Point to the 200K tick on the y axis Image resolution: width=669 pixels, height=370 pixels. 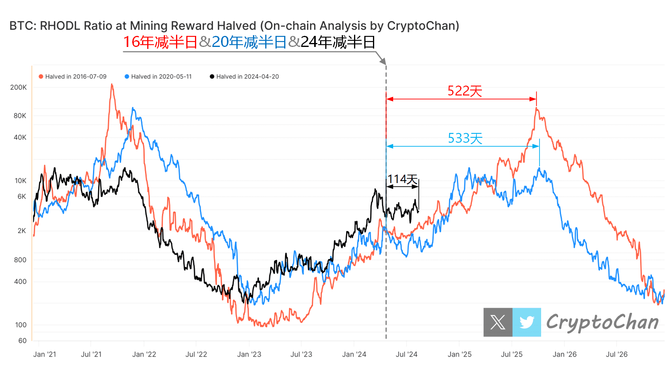tap(19, 87)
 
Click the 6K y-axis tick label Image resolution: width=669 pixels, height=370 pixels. tap(22, 196)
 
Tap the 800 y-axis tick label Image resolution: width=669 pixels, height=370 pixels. tap(20, 260)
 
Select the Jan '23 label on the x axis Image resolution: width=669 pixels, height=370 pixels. tap(249, 354)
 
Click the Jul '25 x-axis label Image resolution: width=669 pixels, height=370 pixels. tap(512, 354)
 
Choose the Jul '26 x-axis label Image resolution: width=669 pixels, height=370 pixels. tap(617, 354)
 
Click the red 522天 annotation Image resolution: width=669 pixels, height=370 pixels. tap(465, 91)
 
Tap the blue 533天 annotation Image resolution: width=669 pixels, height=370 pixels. tap(465, 138)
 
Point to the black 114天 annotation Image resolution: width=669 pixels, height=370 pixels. tap(402, 179)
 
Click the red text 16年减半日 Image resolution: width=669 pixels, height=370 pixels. tap(160, 42)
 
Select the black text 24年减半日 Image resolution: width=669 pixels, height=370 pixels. tap(338, 42)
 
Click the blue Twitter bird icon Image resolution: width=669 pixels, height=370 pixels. tap(527, 322)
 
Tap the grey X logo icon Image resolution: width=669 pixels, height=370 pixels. tap(498, 322)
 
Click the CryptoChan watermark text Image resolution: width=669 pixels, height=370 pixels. tap(602, 322)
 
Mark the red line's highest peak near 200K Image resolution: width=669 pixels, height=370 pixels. tap(112, 84)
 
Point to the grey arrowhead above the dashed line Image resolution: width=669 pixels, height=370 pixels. tap(382, 61)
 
